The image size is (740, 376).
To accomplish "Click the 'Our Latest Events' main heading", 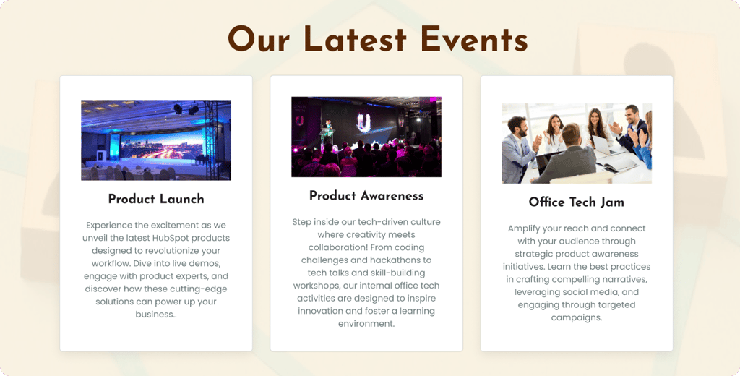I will [x=377, y=39].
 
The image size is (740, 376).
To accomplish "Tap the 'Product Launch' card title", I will [x=156, y=200].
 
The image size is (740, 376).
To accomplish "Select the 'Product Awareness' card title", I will [x=366, y=196].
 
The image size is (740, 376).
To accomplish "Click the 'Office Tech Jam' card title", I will [x=576, y=202].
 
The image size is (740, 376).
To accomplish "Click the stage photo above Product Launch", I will [x=156, y=140].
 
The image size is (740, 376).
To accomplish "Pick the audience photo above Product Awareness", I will [x=366, y=137].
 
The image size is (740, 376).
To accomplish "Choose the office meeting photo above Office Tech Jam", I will [x=577, y=143].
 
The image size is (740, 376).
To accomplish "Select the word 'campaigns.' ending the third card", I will [x=577, y=317].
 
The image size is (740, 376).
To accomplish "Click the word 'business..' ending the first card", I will [x=156, y=315].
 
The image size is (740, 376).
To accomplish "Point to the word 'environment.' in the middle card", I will [x=366, y=324].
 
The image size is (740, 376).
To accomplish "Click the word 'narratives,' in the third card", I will [x=621, y=279].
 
